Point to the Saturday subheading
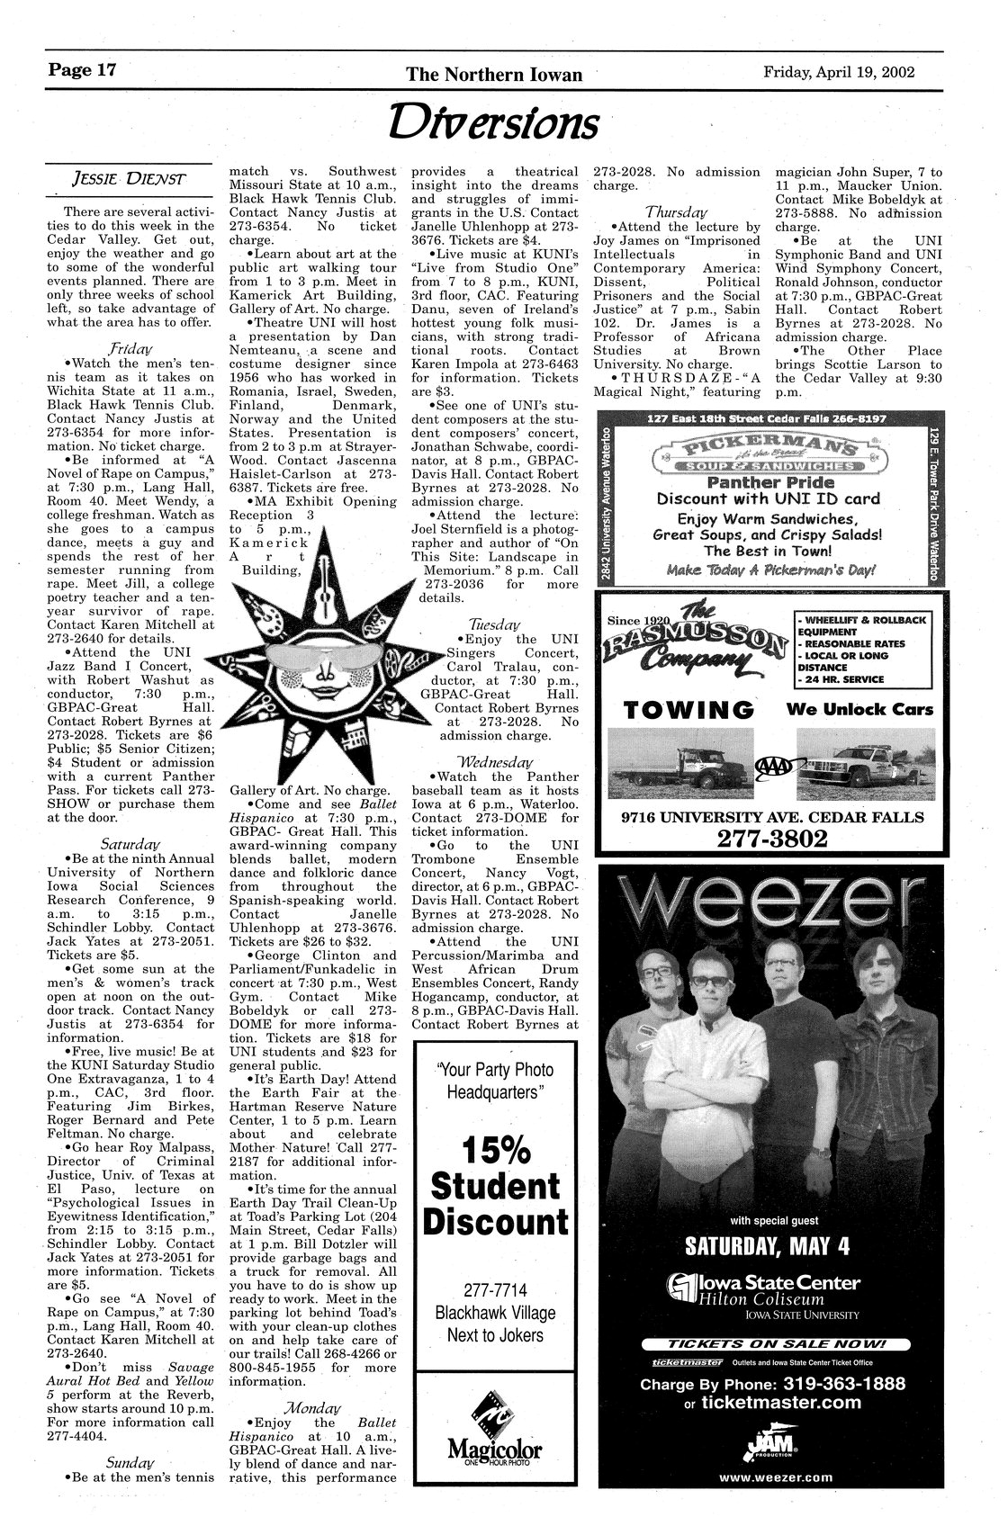click(x=130, y=845)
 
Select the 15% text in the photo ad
click(x=494, y=1151)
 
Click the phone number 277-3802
click(x=772, y=839)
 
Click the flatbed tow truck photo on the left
click(x=679, y=763)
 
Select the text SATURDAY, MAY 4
click(x=773, y=1248)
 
